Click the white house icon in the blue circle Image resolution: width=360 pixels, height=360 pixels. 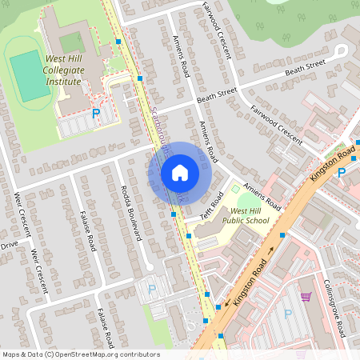pos(180,172)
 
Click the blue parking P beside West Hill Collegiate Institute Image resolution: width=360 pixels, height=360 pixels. pos(97,115)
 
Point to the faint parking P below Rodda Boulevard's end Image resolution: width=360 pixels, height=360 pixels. pos(152,290)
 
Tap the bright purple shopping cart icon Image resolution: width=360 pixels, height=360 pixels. pos(305,297)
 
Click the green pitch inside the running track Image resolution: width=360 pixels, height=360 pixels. pos(30,76)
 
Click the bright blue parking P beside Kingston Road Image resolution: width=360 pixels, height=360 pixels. pos(342,172)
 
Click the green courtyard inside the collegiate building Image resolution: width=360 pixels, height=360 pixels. pos(72,42)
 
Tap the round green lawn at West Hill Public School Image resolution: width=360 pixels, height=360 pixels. pos(235,190)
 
